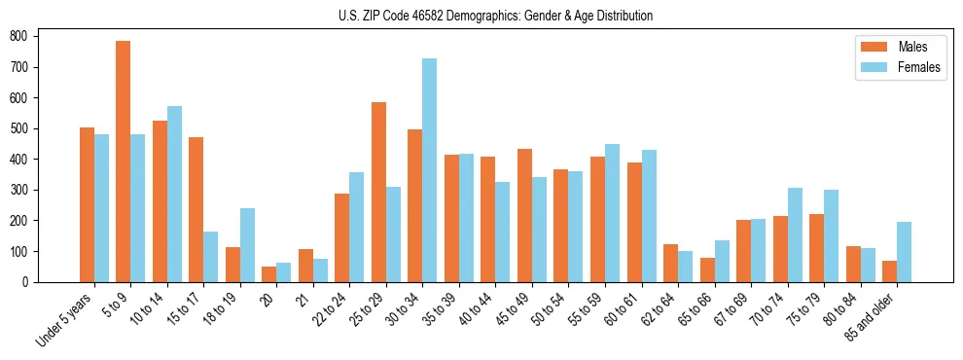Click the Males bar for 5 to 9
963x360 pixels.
pos(124,162)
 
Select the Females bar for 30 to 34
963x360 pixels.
pos(429,170)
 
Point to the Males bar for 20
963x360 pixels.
pos(269,274)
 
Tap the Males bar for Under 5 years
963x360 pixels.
pos(87,204)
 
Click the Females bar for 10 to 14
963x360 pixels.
pos(174,194)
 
